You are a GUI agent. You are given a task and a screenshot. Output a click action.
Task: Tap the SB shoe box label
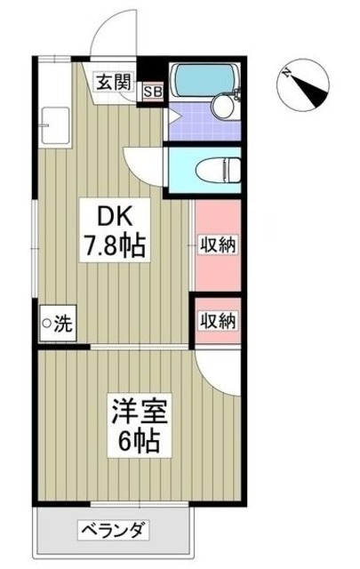click(x=151, y=90)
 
